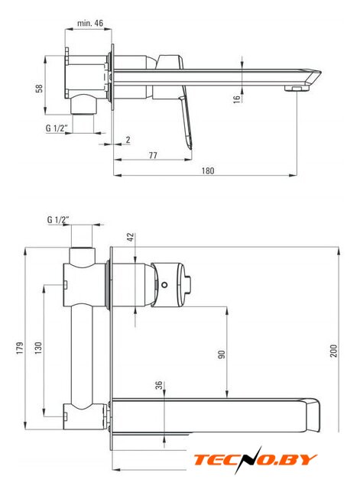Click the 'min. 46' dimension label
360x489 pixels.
(x=90, y=23)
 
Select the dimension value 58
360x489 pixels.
(x=39, y=89)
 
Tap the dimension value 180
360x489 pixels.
(x=208, y=170)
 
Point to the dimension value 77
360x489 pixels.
(x=153, y=155)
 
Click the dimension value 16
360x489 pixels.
(x=237, y=99)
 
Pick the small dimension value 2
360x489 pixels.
(x=128, y=140)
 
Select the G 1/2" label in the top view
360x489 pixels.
(x=57, y=128)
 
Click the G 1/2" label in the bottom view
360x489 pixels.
(x=58, y=220)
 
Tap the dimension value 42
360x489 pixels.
(x=131, y=237)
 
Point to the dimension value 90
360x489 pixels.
(x=221, y=355)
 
